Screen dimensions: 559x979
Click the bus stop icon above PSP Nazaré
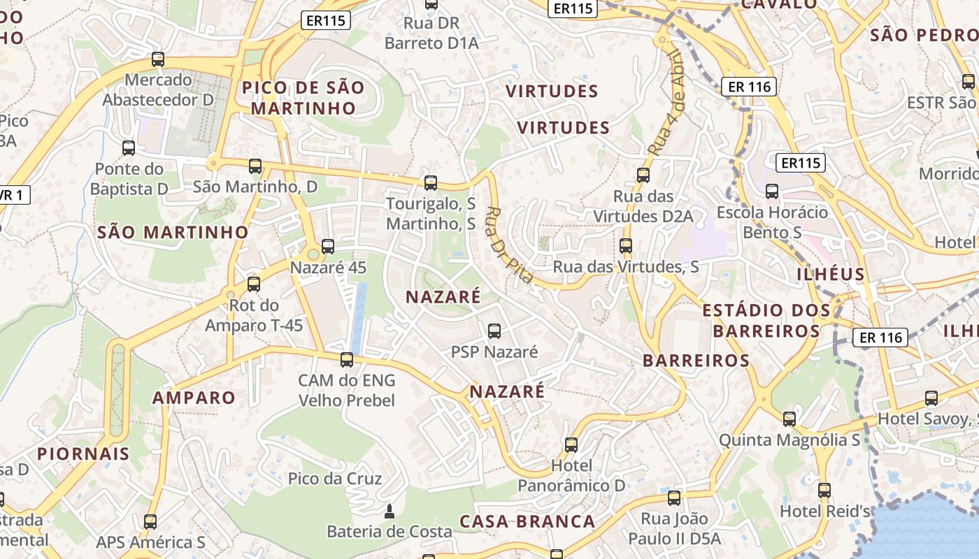[494, 331]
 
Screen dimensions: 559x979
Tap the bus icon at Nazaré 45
[327, 246]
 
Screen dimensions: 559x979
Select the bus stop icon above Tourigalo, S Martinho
[431, 183]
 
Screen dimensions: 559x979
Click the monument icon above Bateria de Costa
[390, 511]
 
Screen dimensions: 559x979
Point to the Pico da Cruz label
[335, 479]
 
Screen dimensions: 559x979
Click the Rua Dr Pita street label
[509, 245]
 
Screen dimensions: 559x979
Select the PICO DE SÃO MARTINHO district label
[303, 98]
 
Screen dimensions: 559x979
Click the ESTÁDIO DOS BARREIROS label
[766, 320]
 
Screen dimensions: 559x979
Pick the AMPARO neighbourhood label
[194, 398]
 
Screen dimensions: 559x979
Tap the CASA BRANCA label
[527, 521]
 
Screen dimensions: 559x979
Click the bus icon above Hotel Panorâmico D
[571, 444]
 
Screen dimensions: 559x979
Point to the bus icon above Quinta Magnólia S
[789, 419]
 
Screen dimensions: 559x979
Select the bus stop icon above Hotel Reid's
[824, 490]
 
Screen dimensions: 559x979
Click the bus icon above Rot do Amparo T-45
[254, 284]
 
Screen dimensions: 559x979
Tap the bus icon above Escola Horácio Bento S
[772, 191]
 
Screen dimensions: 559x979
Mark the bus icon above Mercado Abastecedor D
[158, 59]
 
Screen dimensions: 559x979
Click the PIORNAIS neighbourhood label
[83, 453]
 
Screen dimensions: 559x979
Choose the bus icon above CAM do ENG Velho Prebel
[346, 360]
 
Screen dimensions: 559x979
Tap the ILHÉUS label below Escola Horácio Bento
[831, 274]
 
